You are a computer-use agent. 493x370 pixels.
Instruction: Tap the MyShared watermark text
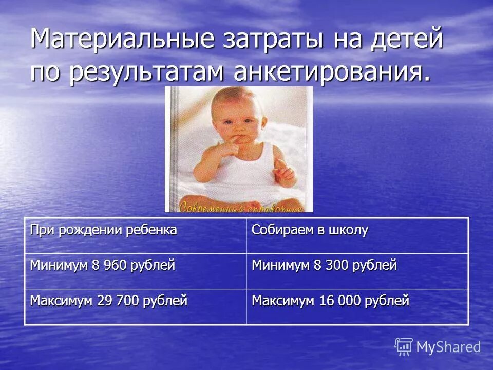coord(448,347)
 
